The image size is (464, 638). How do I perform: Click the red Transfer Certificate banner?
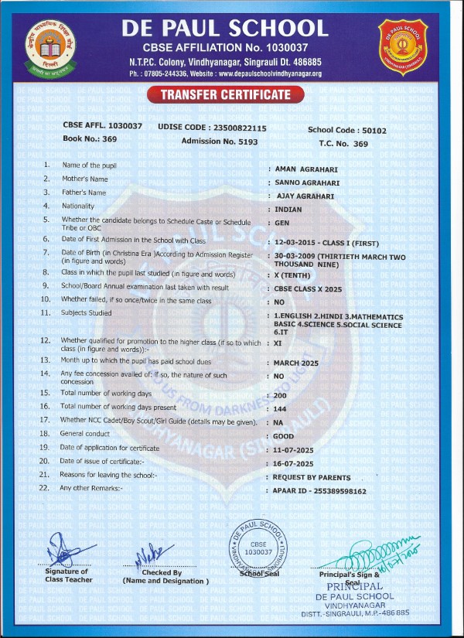point(226,95)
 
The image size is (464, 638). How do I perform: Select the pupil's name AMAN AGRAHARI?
point(304,168)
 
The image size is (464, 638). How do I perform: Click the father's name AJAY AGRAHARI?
point(305,196)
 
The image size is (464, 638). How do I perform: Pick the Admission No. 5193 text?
point(220,142)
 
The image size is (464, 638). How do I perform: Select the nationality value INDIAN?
point(288,210)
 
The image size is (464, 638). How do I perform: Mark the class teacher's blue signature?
point(64,551)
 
